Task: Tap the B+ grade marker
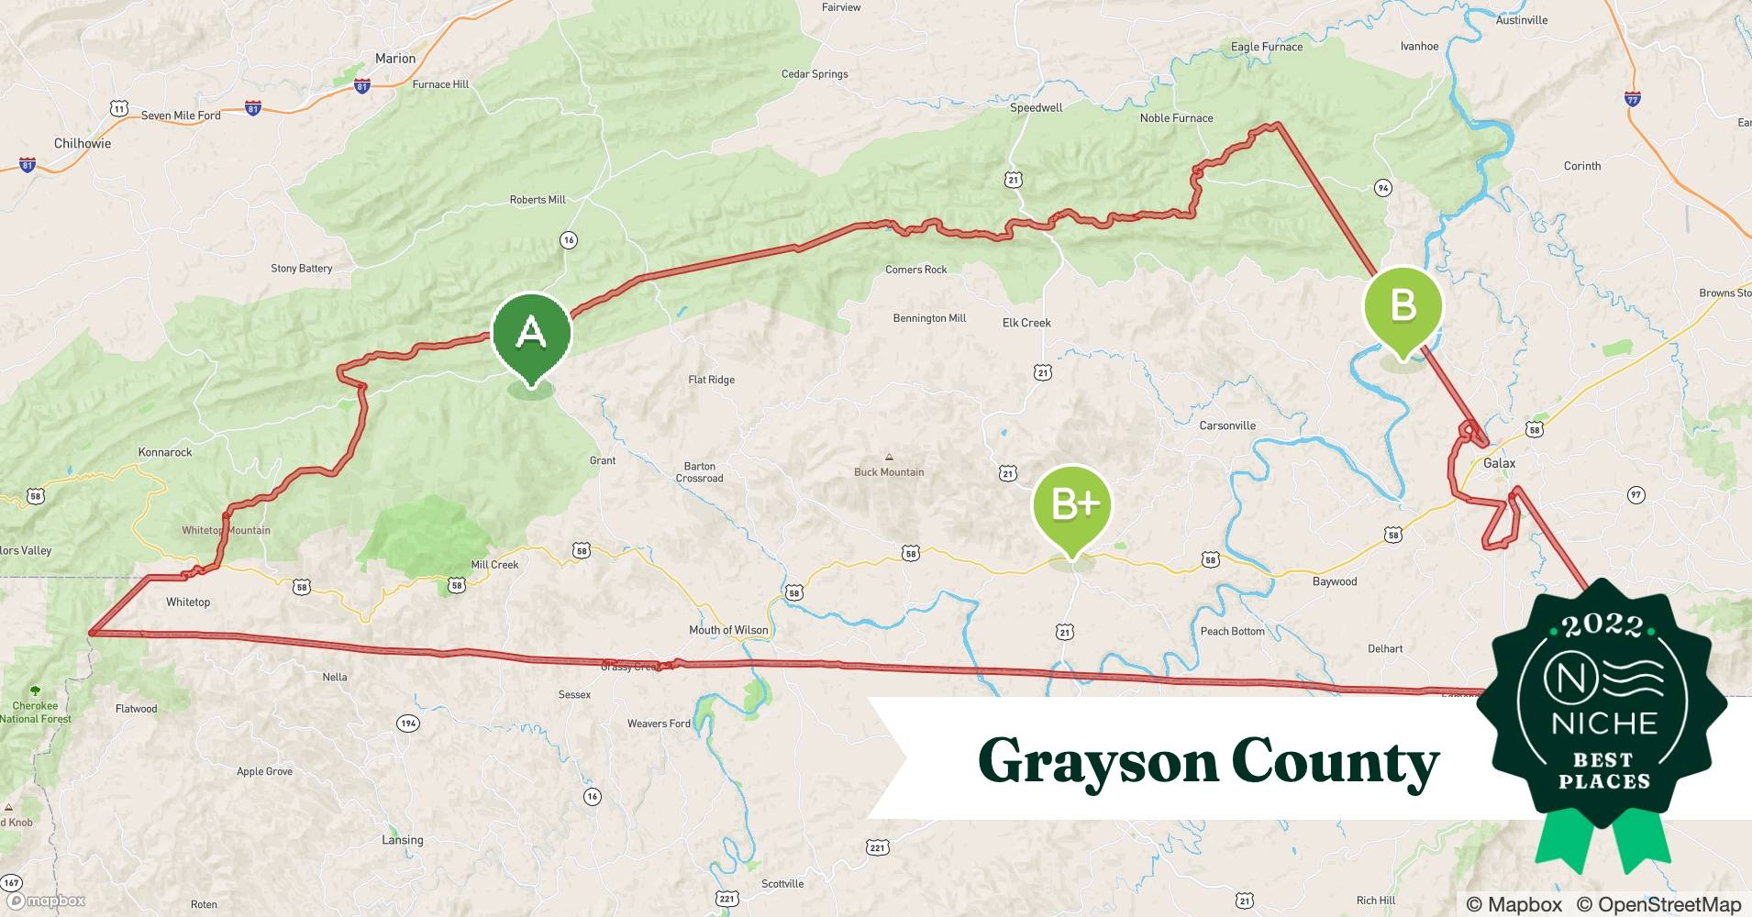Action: (1070, 505)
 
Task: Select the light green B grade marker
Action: (1403, 307)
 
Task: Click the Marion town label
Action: (395, 59)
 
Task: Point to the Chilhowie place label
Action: (83, 143)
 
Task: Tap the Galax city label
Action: (1499, 463)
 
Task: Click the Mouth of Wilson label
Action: (728, 630)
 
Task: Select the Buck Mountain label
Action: (889, 472)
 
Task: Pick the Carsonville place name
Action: (1227, 425)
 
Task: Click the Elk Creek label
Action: (1026, 323)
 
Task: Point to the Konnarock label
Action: (165, 452)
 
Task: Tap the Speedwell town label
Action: (1036, 108)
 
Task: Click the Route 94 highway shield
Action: (1382, 188)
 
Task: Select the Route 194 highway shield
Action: (408, 724)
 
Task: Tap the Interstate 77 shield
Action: (1632, 99)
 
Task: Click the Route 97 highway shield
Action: (1636, 495)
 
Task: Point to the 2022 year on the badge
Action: (1602, 625)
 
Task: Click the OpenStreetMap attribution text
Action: (1658, 904)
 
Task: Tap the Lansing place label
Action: (403, 840)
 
